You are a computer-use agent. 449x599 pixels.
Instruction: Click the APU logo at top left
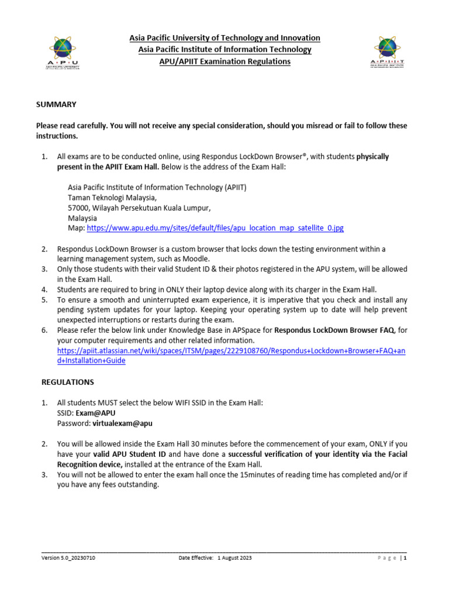(x=63, y=51)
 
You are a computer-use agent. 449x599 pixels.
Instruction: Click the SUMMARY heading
(x=56, y=104)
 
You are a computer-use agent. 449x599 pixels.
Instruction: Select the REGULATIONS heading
(x=68, y=382)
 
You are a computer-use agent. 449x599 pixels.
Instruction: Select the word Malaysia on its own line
(x=82, y=218)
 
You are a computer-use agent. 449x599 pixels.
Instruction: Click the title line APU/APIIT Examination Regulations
(x=224, y=61)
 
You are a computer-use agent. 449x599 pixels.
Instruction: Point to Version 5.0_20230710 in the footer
(x=69, y=559)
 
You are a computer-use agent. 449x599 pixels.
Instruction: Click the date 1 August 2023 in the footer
(x=234, y=559)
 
